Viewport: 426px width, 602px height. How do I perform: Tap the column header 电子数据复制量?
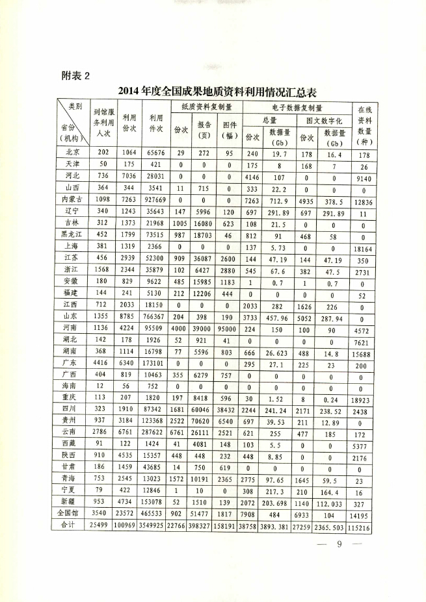pos(295,108)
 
